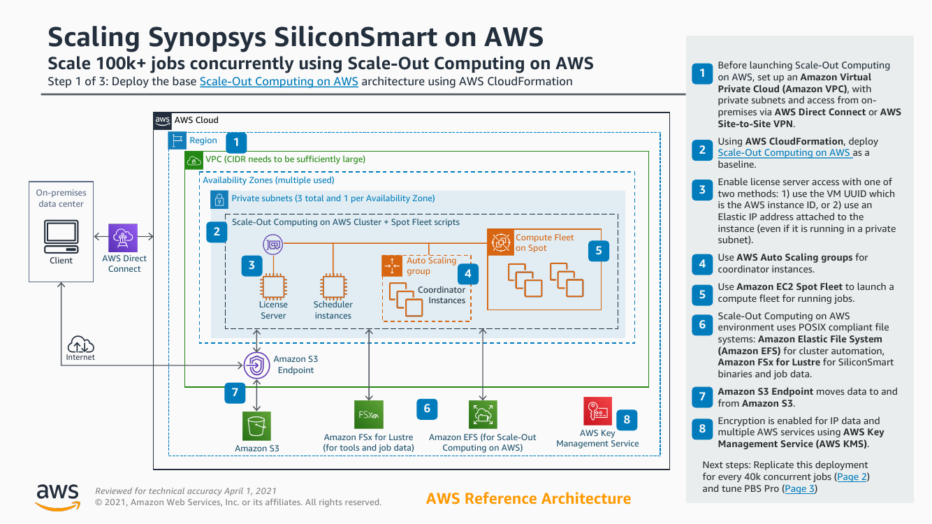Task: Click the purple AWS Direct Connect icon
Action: pyautogui.click(x=124, y=238)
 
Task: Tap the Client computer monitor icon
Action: pyautogui.click(x=61, y=237)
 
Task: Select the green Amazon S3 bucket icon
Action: pyautogui.click(x=257, y=426)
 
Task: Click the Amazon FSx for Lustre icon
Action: pyautogui.click(x=368, y=414)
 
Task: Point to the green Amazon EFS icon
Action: pyautogui.click(x=483, y=414)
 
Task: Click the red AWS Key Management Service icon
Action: pyautogui.click(x=597, y=412)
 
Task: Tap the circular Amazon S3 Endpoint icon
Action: pyautogui.click(x=257, y=364)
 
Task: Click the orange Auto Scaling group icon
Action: pyautogui.click(x=392, y=265)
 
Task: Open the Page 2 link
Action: pyautogui.click(x=852, y=476)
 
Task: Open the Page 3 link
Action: pyautogui.click(x=799, y=488)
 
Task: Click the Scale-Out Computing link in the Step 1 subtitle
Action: pyautogui.click(x=279, y=81)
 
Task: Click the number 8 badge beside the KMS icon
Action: pyautogui.click(x=627, y=419)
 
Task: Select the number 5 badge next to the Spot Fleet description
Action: pyautogui.click(x=702, y=293)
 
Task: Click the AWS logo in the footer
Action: pyautogui.click(x=57, y=495)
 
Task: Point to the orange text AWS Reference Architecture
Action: pyautogui.click(x=528, y=498)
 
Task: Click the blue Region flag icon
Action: pyautogui.click(x=177, y=140)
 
